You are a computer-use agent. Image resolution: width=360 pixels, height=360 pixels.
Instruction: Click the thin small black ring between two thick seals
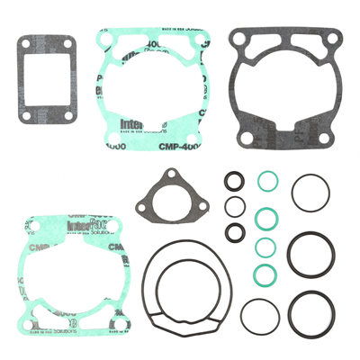click(233, 205)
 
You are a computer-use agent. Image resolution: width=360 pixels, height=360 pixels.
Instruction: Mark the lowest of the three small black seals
click(234, 233)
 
